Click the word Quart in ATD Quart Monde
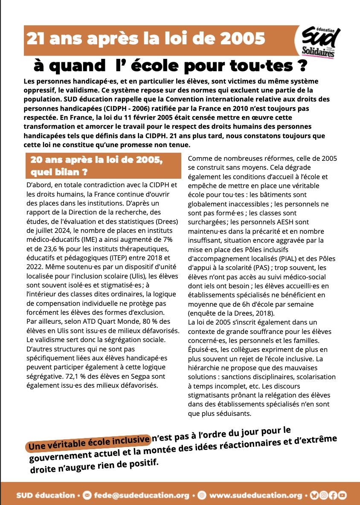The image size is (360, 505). tap(93, 321)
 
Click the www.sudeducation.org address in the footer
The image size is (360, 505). tap(256, 495)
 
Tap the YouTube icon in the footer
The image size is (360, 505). tap(342, 495)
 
